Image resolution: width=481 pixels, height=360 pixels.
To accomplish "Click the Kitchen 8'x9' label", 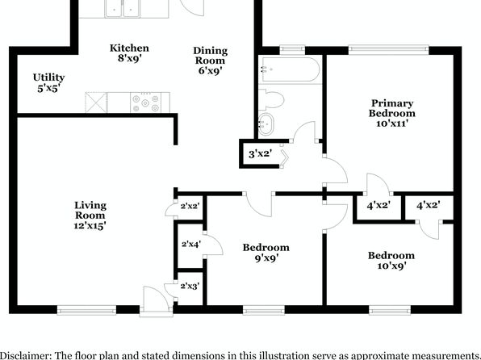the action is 129,52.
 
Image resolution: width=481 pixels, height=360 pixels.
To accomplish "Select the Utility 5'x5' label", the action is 48,82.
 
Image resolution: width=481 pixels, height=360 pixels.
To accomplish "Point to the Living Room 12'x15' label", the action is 90,216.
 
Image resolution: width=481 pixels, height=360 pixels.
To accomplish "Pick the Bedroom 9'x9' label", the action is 266,253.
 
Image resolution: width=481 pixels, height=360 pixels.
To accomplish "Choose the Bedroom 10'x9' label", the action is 391,260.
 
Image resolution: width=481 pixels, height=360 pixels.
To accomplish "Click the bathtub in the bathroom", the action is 290,69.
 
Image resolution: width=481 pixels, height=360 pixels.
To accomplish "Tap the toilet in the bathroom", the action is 271,99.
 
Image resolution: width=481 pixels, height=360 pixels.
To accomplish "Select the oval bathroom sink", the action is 266,124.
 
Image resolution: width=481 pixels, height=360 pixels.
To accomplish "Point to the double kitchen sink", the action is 123,8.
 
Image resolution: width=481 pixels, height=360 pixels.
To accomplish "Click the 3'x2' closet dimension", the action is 260,153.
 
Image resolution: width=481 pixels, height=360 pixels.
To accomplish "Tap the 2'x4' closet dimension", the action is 191,245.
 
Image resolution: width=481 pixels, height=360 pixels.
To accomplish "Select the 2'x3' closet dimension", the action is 190,287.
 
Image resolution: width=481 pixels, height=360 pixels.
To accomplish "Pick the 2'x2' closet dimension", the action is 190,206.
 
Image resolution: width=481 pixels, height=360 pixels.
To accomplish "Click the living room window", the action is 86,310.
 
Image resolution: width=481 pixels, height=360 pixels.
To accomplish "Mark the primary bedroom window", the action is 388,50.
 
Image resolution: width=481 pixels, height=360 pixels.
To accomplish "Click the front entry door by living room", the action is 157,302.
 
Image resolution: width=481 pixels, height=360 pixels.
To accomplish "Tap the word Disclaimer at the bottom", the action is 22,355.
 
